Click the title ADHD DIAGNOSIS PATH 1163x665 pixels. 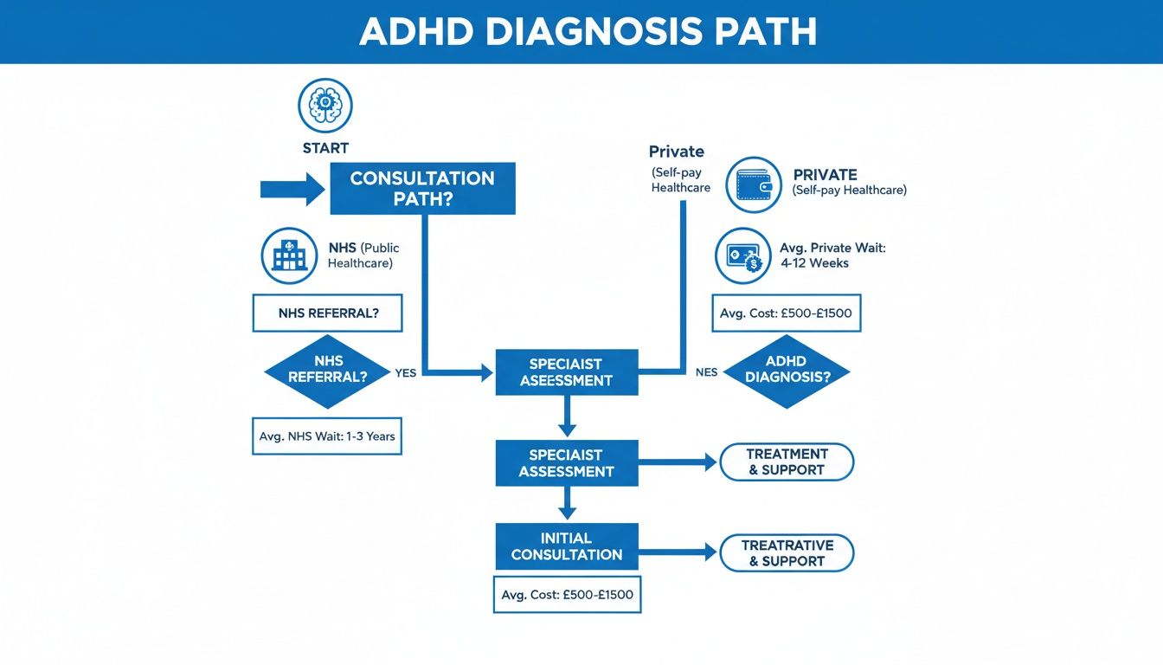pos(588,32)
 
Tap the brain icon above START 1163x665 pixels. pos(325,105)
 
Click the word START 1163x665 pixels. pos(325,148)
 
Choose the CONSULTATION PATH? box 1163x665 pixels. pos(422,189)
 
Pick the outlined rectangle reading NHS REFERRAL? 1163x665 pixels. pos(327,313)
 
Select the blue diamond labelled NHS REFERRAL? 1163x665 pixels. pos(327,370)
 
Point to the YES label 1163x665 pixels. pos(405,373)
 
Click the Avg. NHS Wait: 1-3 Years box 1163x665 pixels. pos(327,436)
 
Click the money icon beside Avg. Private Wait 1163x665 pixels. pos(742,255)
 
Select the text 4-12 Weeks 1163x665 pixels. pos(817,263)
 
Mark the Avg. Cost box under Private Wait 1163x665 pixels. pos(786,313)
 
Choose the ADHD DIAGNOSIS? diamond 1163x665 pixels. pos(786,371)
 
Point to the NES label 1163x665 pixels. pos(706,373)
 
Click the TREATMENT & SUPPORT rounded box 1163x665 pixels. pos(787,462)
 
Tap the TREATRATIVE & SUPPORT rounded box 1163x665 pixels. pos(787,553)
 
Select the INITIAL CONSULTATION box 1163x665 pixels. pos(567,546)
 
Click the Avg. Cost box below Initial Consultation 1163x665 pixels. pos(567,595)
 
